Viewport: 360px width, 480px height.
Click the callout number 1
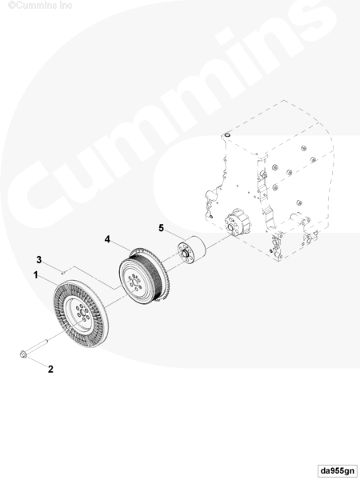point(36,275)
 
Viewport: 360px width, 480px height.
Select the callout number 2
point(50,369)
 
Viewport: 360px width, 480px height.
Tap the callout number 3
point(39,259)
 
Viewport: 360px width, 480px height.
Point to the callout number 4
point(107,239)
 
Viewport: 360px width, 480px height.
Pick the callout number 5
point(161,228)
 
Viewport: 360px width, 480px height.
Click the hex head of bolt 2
point(23,354)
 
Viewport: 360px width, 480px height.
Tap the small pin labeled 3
point(62,270)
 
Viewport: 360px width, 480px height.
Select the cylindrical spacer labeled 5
point(192,249)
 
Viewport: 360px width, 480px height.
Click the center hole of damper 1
point(82,314)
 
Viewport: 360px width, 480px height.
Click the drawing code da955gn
point(338,470)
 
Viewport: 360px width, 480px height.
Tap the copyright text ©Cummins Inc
point(40,5)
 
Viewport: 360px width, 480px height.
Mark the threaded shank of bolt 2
point(37,346)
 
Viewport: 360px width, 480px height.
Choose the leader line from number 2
point(37,362)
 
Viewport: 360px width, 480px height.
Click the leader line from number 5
point(174,234)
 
